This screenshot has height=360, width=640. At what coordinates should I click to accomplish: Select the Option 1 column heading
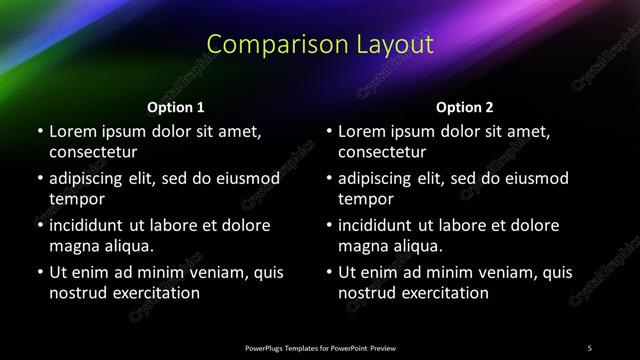click(x=176, y=107)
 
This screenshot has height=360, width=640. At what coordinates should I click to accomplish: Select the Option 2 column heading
click(x=465, y=107)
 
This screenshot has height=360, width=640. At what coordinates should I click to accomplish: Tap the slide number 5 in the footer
click(x=590, y=347)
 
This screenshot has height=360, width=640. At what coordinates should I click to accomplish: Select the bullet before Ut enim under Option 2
click(x=329, y=272)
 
